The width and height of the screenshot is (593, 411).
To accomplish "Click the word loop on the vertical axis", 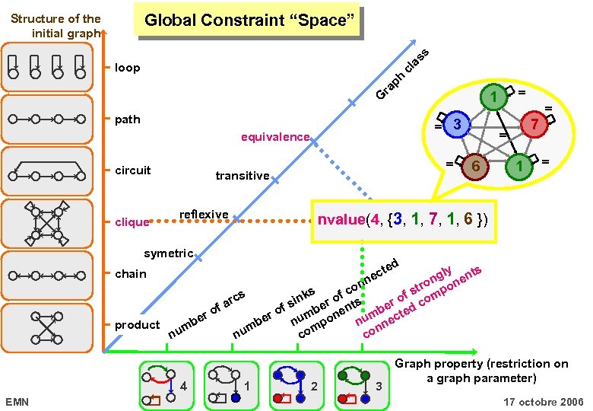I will (x=127, y=68).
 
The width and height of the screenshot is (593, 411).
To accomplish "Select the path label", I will (x=127, y=119).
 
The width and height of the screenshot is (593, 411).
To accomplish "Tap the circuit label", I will (x=132, y=170).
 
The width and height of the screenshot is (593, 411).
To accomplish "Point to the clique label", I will (x=132, y=222).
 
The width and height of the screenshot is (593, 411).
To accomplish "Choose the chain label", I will (x=130, y=273).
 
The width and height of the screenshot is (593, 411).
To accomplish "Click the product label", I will (x=137, y=325).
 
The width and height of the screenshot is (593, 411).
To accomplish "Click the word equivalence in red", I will (x=274, y=138).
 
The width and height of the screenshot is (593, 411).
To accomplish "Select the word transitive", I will (x=242, y=176).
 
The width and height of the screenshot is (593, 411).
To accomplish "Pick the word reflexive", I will (x=204, y=215).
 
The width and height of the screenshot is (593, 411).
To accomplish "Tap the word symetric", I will (x=168, y=253).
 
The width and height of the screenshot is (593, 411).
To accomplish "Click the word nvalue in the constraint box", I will (x=340, y=220).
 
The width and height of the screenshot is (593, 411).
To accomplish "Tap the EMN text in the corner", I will (x=16, y=401).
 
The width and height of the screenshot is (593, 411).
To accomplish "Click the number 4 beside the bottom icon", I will (x=183, y=386).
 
